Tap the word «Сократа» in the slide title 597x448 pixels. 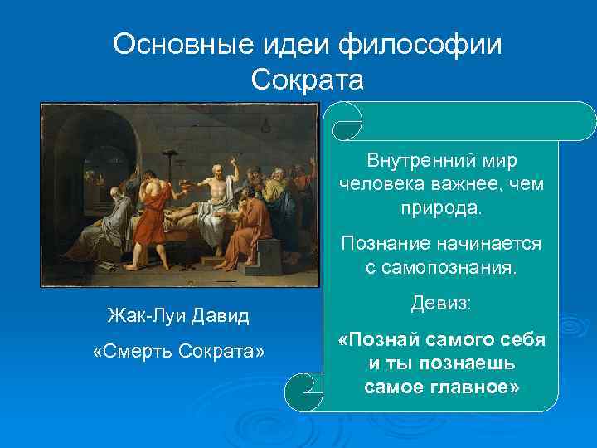[x=307, y=80]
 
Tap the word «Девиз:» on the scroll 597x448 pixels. [x=440, y=304]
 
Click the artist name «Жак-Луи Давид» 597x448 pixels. [x=178, y=315]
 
